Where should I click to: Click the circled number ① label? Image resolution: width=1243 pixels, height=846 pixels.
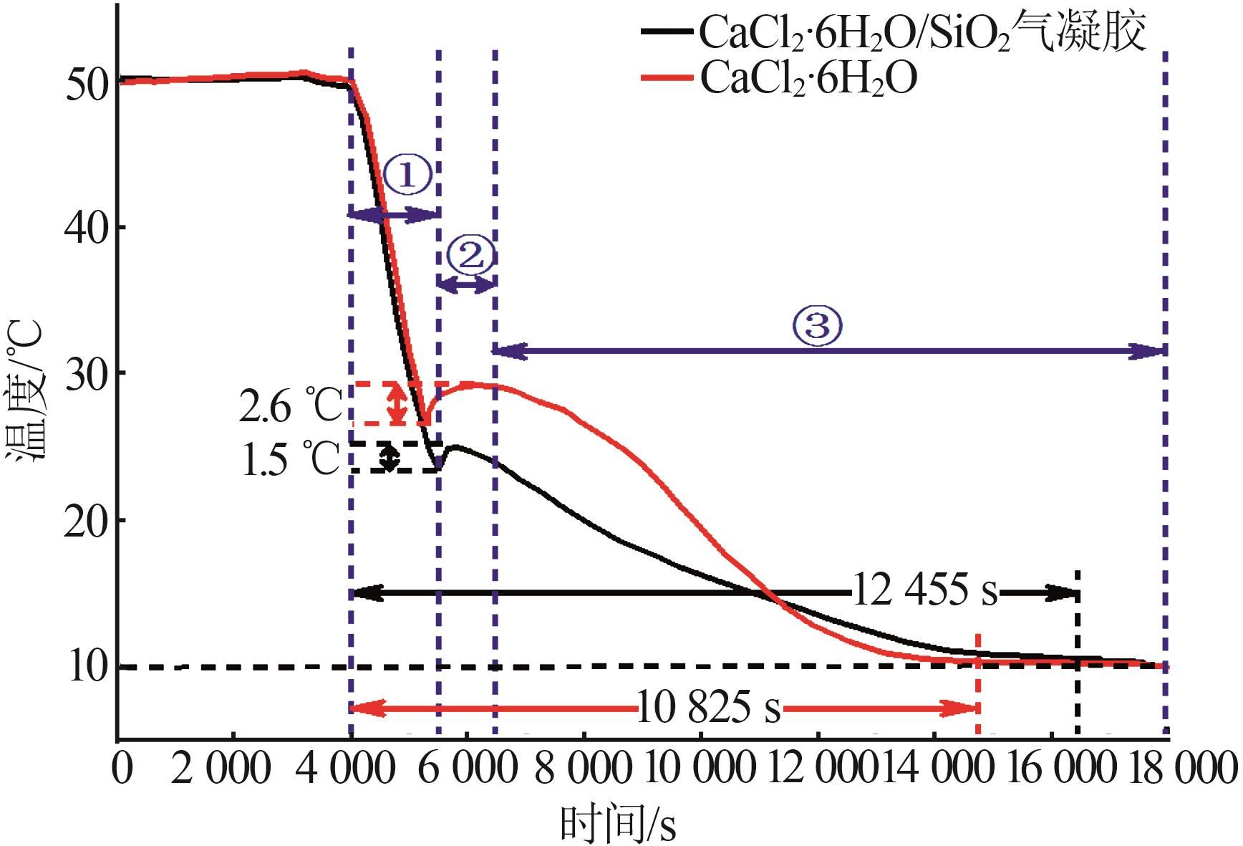[407, 176]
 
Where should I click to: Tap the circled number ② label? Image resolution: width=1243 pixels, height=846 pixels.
[470, 255]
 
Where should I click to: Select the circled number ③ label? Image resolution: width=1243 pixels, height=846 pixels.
[818, 327]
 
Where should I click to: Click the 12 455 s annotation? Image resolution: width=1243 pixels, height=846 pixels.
[925, 592]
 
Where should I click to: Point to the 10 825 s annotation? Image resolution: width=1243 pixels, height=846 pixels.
[708, 708]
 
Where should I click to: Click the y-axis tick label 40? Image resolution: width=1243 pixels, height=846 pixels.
[87, 228]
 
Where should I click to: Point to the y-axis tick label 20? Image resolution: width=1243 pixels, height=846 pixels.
[87, 520]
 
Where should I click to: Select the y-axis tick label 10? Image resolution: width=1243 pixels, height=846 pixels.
[87, 667]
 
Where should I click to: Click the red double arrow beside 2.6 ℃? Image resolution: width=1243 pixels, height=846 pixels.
[398, 403]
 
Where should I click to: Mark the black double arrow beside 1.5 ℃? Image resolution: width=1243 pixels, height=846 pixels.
[389, 457]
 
